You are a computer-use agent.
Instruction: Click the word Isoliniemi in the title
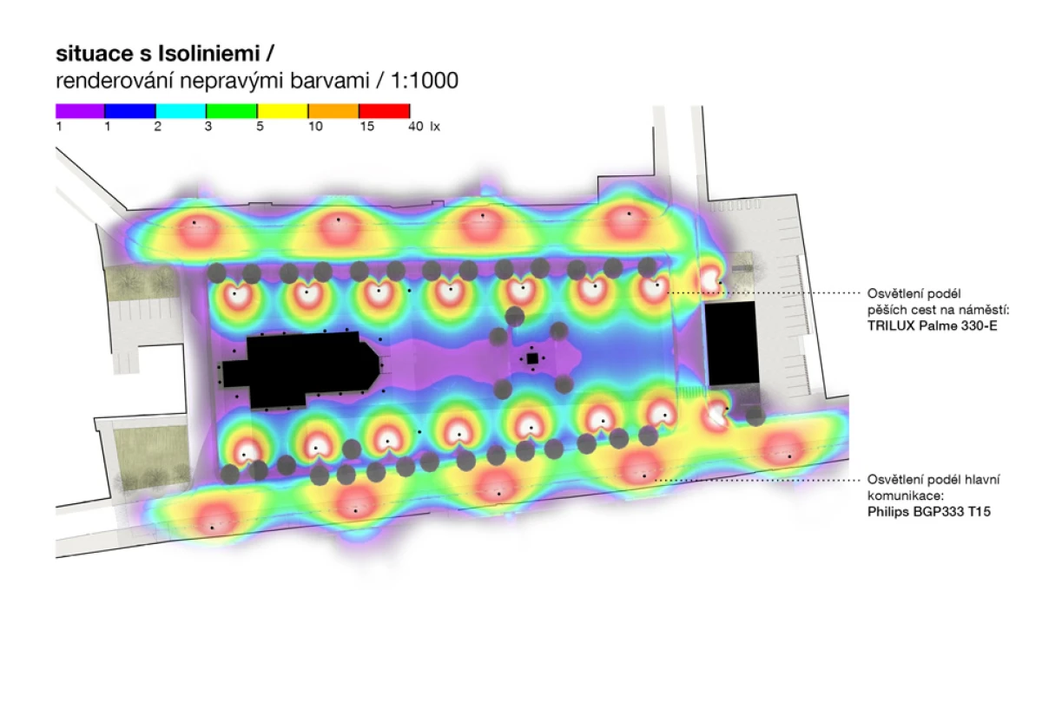click(x=209, y=54)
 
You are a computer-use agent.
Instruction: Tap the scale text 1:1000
click(x=425, y=81)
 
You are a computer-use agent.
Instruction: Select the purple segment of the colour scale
click(x=80, y=111)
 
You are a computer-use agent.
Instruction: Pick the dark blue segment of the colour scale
click(x=130, y=111)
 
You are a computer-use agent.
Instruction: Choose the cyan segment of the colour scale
click(x=181, y=111)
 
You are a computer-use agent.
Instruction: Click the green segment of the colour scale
click(x=232, y=111)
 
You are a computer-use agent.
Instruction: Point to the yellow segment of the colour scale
click(x=282, y=111)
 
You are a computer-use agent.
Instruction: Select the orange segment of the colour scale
click(x=333, y=111)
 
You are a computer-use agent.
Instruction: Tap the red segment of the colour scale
click(x=384, y=111)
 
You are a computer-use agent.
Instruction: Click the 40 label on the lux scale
click(x=416, y=127)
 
